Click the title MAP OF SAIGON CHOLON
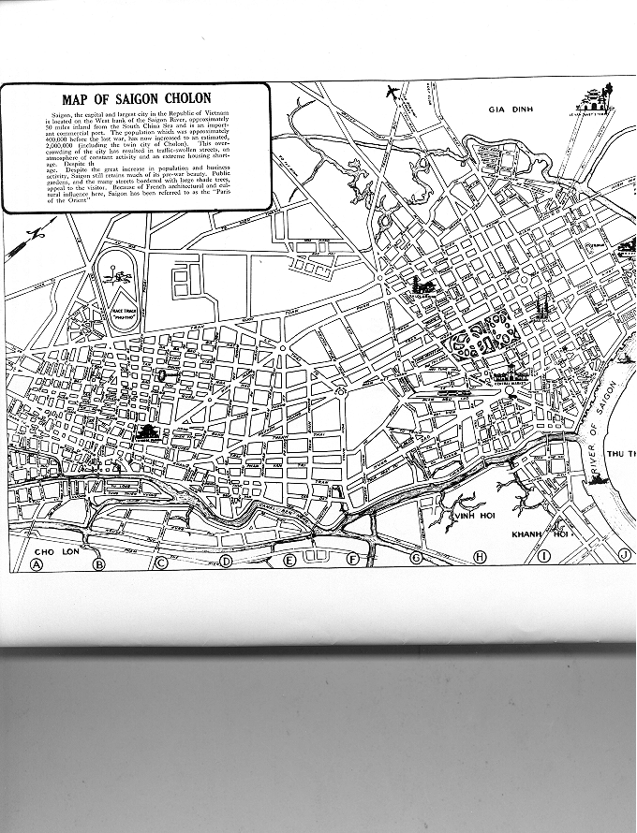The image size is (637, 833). click(136, 98)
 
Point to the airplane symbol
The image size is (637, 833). click(393, 92)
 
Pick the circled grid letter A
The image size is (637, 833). click(37, 564)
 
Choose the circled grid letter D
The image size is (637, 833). click(226, 562)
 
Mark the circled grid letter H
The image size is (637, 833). click(481, 557)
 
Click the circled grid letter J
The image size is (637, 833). click(625, 556)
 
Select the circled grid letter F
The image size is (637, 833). click(353, 560)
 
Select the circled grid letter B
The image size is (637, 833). click(99, 563)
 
